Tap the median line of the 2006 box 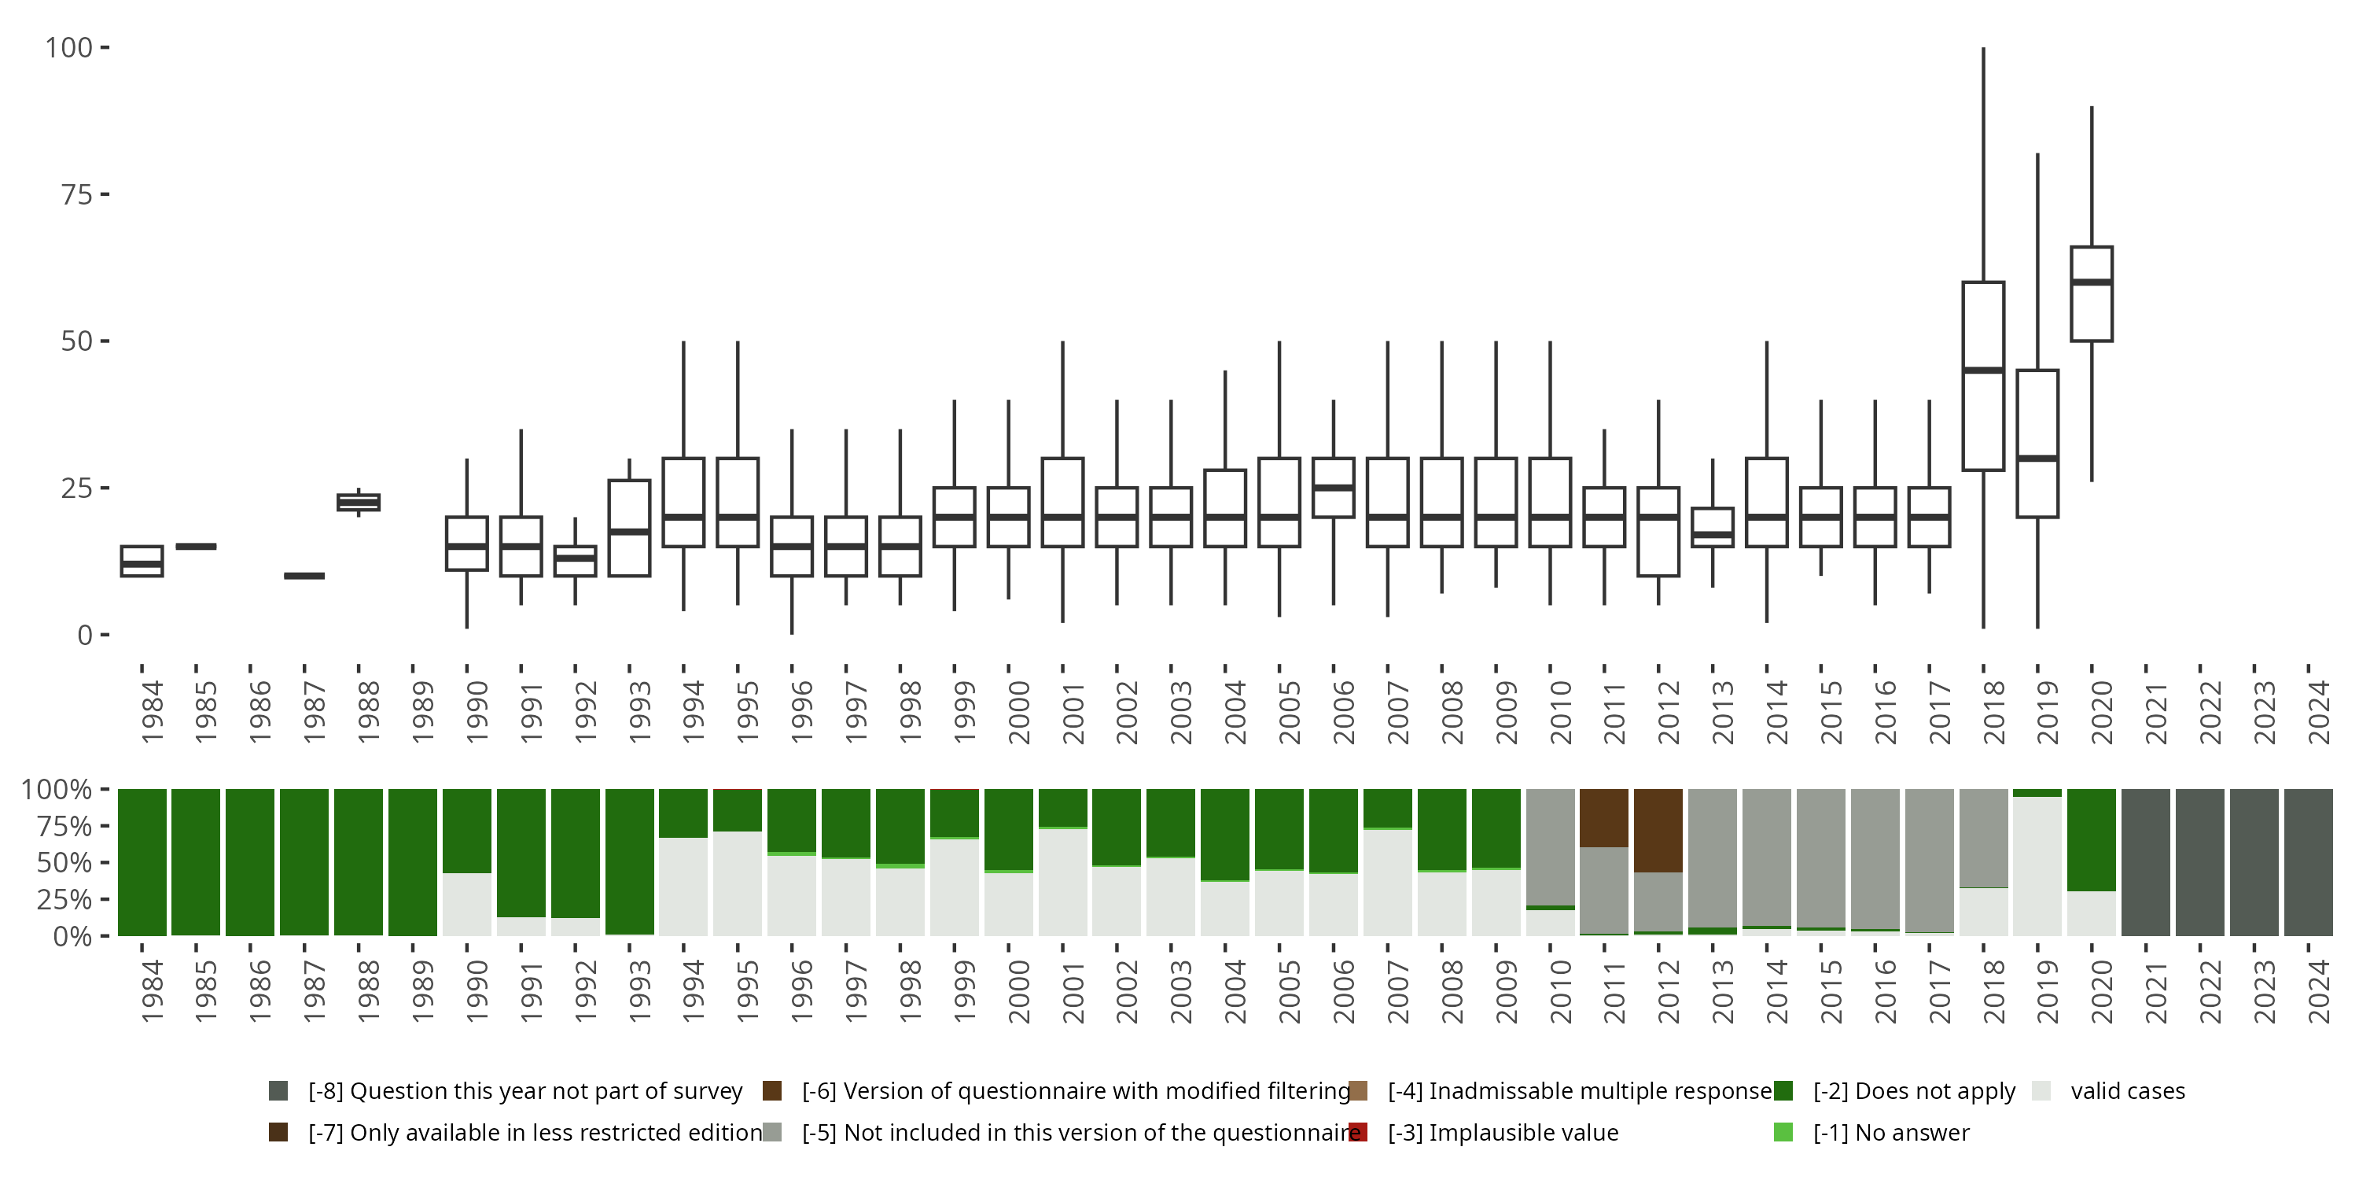tap(1334, 488)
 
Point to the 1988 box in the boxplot tap(358, 502)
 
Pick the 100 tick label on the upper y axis tap(70, 48)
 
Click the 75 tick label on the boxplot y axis tap(77, 194)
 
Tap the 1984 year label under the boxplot tap(151, 711)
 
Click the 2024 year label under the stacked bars tap(2318, 991)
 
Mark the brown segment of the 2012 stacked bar tap(1658, 830)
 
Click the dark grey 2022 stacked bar tap(2199, 862)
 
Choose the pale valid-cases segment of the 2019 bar tap(2037, 866)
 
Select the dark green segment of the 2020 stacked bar tap(2092, 839)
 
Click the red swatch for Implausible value tap(1358, 1132)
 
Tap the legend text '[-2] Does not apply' tap(1914, 1091)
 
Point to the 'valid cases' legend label tap(2127, 1091)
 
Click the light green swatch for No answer tap(1783, 1132)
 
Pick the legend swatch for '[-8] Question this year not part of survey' tap(278, 1091)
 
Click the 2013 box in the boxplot tap(1713, 527)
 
